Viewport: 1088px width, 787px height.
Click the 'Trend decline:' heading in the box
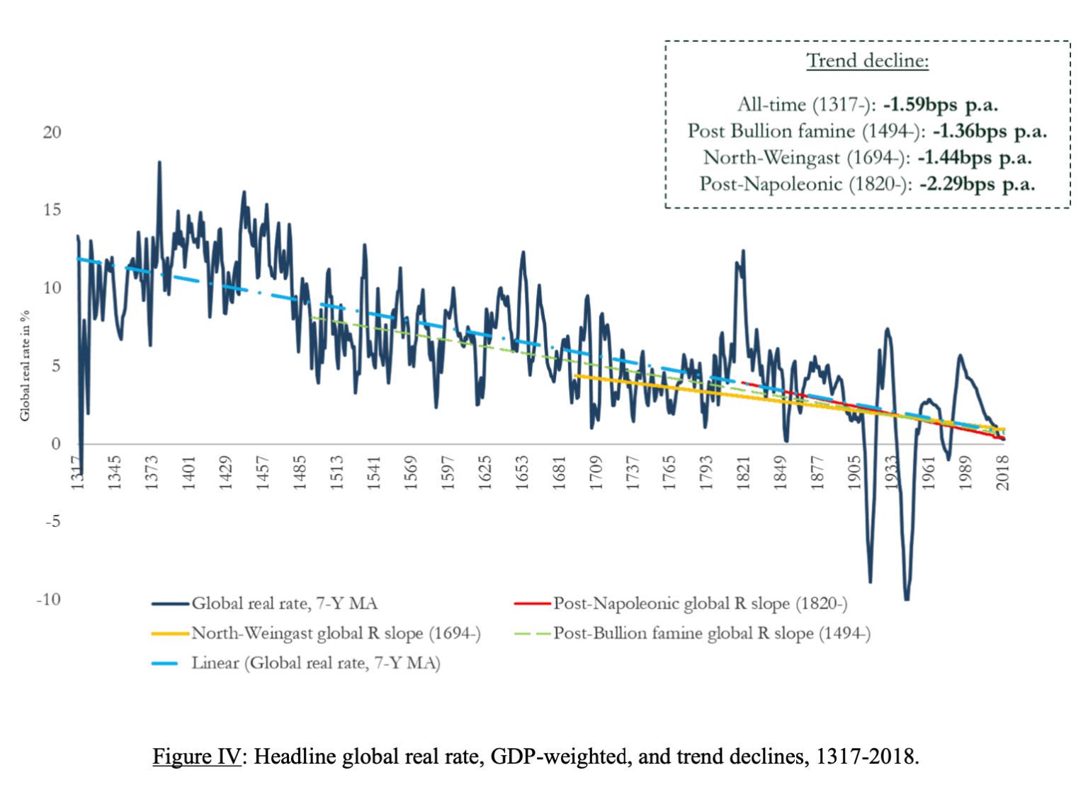pos(867,61)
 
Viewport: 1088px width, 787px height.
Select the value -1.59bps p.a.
pos(940,105)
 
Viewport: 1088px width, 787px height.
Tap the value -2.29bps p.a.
pos(977,184)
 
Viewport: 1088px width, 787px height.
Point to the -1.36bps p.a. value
pos(989,131)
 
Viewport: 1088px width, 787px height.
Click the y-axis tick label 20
pos(52,132)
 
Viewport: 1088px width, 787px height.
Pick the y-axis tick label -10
pos(49,600)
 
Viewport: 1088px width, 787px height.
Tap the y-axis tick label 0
pos(56,444)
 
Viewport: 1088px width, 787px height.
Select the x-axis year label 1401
pos(188,472)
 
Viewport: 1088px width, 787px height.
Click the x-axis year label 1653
pos(522,472)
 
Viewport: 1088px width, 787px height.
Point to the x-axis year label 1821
pos(744,472)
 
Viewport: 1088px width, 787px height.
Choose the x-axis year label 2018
pos(1003,472)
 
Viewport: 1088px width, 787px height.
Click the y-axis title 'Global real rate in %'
pos(25,366)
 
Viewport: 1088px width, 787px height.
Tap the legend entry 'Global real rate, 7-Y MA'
pos(284,604)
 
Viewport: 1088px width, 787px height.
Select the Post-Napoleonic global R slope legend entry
pos(700,604)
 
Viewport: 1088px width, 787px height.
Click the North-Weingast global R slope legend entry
pos(336,633)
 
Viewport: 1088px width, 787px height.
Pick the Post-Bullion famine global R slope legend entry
pos(711,633)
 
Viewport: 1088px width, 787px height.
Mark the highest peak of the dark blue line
pos(159,162)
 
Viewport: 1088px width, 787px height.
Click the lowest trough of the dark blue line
pos(907,599)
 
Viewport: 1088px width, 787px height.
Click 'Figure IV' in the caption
pos(197,757)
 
